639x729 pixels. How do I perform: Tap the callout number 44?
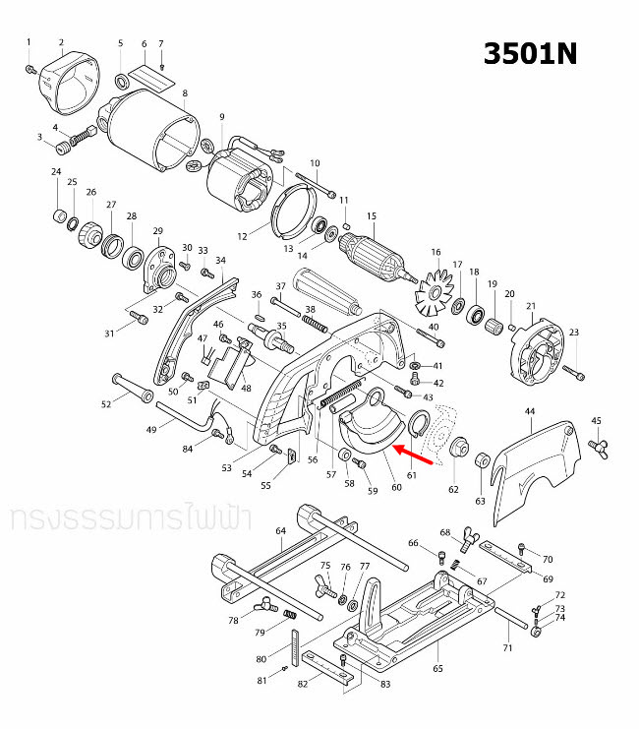[x=530, y=410]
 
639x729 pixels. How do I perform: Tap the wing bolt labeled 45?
[x=596, y=447]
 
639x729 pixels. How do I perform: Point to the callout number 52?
[x=106, y=403]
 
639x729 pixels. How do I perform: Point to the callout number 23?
[x=574, y=332]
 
